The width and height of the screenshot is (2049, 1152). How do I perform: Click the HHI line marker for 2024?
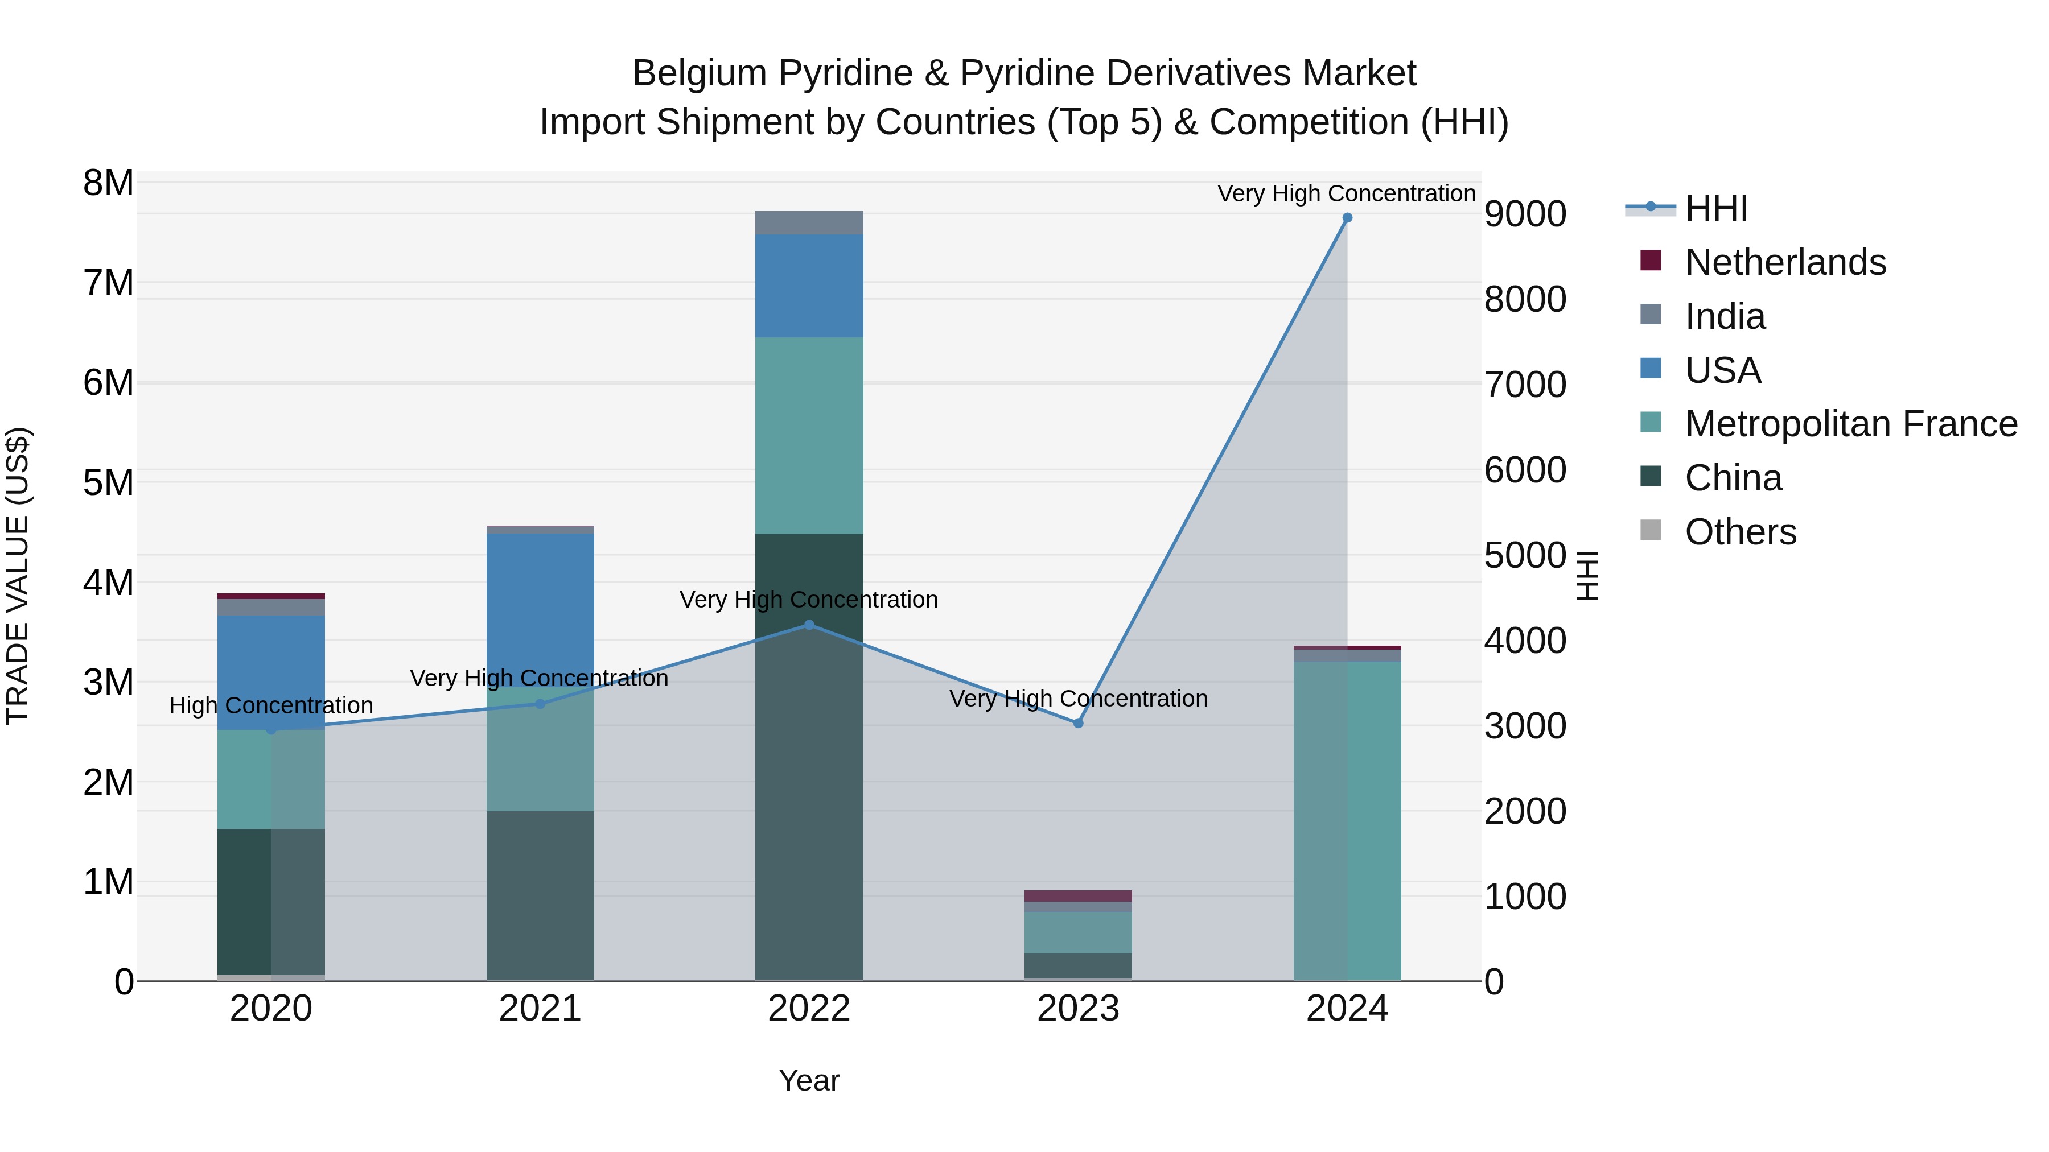click(x=1347, y=218)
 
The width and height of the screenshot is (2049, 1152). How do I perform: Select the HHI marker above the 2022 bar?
click(x=809, y=625)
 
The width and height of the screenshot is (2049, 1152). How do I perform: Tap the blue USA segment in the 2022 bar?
click(x=809, y=286)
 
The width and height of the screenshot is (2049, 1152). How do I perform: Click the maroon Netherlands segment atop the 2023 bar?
click(x=1078, y=896)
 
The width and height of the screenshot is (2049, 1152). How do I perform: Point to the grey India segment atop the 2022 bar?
click(x=809, y=222)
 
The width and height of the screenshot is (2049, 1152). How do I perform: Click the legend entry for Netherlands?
click(x=1784, y=262)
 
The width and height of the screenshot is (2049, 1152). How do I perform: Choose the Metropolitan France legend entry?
click(x=1850, y=424)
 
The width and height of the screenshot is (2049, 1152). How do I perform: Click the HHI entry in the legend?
click(x=1715, y=208)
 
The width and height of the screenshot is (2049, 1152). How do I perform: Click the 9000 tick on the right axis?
click(x=1525, y=214)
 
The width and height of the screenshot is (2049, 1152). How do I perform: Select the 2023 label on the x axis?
click(x=1078, y=1009)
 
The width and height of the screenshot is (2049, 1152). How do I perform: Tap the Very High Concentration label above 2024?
click(x=1346, y=193)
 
